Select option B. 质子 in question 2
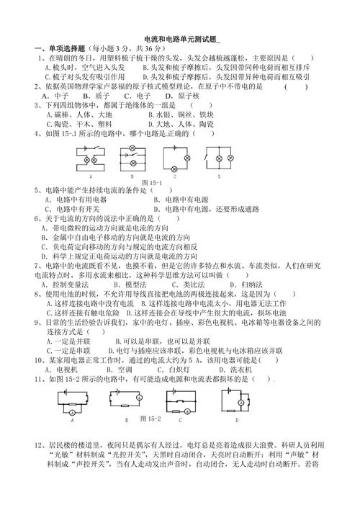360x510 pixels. [x=96, y=94]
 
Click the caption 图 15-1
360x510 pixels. [x=152, y=182]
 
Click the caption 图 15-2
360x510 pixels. [x=150, y=418]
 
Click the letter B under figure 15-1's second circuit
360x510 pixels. [x=132, y=175]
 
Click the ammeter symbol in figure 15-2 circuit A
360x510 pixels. [x=73, y=410]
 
